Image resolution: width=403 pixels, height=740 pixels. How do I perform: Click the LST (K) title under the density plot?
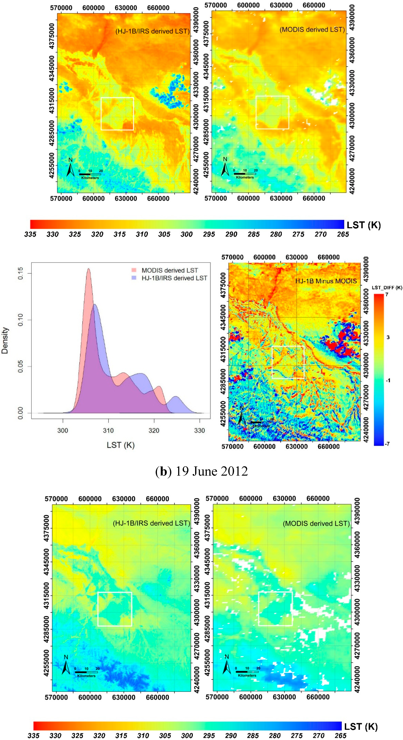[121, 445]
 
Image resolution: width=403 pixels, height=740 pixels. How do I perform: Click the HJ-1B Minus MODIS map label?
[326, 281]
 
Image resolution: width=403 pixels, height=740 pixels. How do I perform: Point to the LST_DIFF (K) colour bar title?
[387, 288]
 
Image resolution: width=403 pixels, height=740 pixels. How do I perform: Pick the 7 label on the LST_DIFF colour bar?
[387, 294]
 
